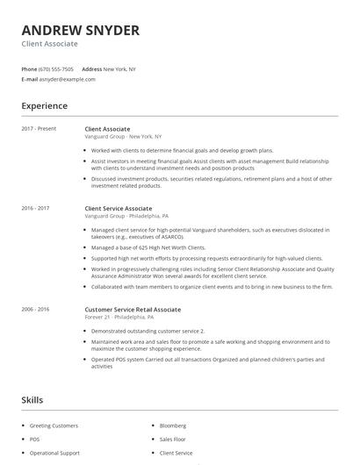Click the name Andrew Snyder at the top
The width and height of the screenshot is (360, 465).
coord(80,30)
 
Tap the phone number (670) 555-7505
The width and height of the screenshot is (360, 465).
coord(57,68)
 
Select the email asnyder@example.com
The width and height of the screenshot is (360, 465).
coord(67,79)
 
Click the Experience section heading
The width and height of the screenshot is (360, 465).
coord(45,106)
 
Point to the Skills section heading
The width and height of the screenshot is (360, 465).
coord(32,400)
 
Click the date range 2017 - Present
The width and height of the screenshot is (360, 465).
coord(39,129)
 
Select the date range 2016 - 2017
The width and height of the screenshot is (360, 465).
coord(36,208)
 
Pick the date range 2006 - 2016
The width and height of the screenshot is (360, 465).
coord(36,310)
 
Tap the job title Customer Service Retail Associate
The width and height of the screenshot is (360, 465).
coord(133,310)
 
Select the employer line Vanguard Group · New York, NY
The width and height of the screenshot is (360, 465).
coord(123,136)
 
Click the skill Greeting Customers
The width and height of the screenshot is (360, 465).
coord(54,426)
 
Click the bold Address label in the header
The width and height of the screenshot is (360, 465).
coord(91,68)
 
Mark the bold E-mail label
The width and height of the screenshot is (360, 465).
coord(30,79)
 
